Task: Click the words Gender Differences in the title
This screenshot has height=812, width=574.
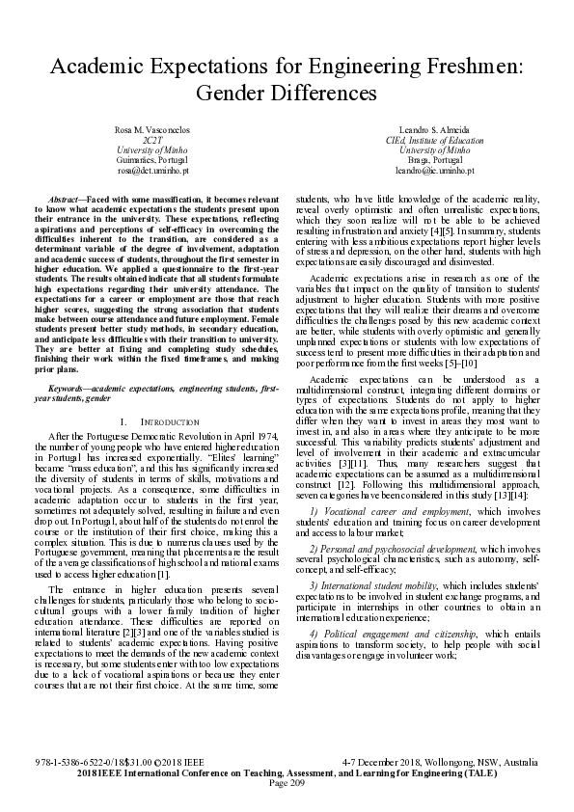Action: [287, 94]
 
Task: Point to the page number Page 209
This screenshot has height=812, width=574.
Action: [287, 782]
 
